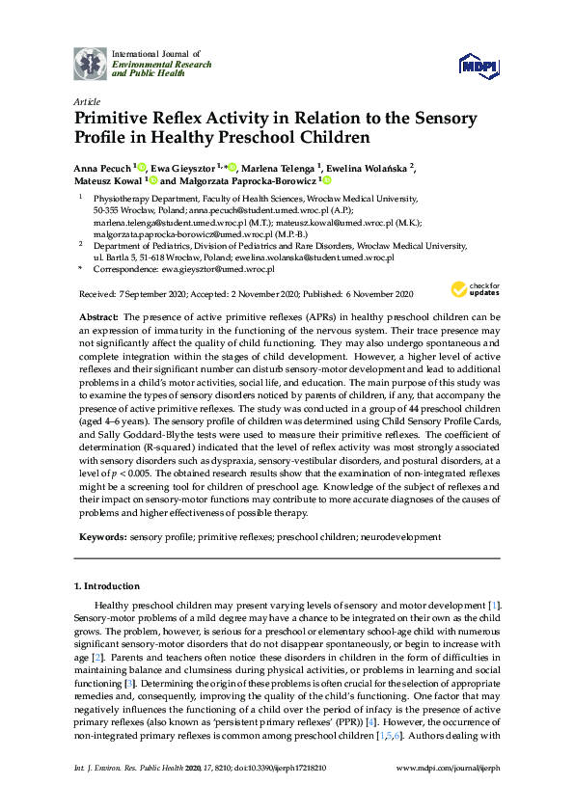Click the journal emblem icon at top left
(x=91, y=63)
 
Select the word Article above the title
(x=87, y=100)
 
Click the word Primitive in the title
(x=123, y=119)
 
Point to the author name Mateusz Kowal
(x=106, y=180)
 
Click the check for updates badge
(x=475, y=289)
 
